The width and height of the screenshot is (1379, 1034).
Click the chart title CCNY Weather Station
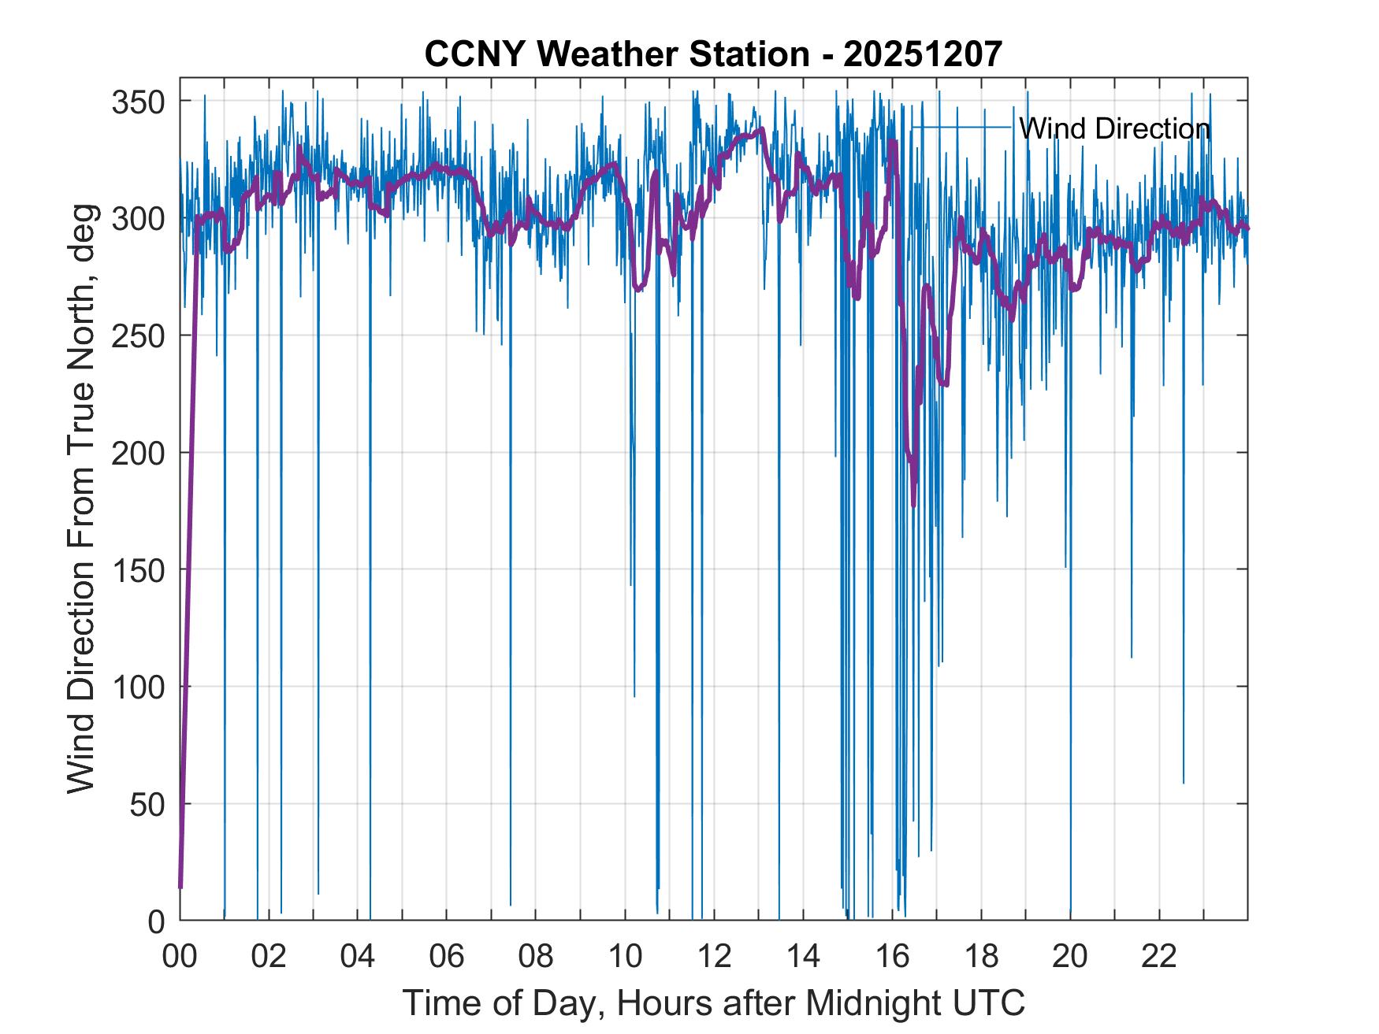pos(616,54)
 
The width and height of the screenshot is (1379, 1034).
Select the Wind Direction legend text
pos(1114,128)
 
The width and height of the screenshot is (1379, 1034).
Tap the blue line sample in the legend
pos(961,128)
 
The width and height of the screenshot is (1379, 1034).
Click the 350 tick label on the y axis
pos(137,102)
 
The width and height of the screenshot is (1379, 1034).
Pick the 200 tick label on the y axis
pos(137,454)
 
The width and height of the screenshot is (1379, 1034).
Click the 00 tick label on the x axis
pos(180,957)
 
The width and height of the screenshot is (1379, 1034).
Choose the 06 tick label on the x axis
pos(447,957)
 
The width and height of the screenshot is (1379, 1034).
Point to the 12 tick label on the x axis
pos(714,957)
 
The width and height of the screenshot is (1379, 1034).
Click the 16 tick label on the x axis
pos(892,957)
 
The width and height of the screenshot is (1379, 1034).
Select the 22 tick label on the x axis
pos(1159,957)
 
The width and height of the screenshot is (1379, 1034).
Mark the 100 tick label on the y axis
pos(137,687)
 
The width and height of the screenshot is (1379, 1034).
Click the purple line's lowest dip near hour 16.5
pos(914,505)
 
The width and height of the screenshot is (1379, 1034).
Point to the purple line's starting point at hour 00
pos(180,887)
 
